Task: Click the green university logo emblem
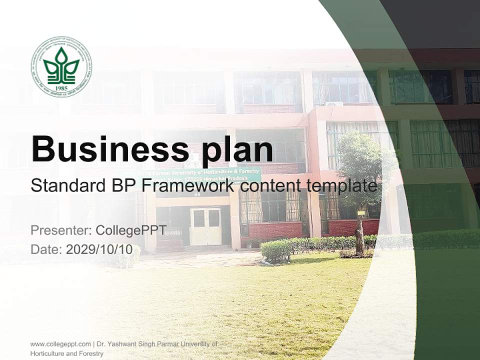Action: pos(61,66)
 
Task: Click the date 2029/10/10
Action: pos(99,249)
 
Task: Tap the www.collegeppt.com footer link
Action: pos(60,344)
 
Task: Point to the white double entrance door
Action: pos(205,226)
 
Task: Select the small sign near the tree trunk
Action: pos(360,213)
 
